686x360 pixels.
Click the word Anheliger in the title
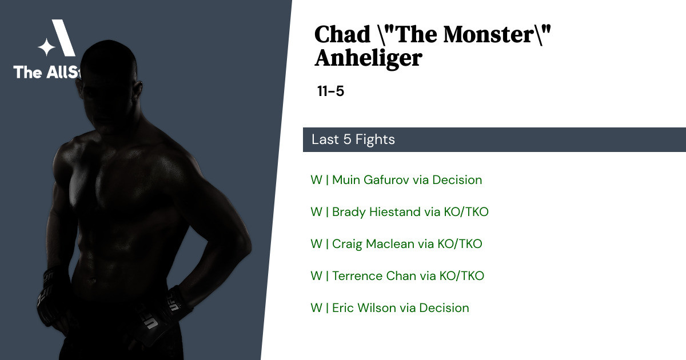pos(368,58)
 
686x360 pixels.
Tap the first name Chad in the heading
pos(342,34)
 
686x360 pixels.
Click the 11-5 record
pos(331,91)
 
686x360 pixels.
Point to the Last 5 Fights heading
pos(353,139)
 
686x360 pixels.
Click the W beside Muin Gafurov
pos(316,180)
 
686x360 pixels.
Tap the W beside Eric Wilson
pos(316,308)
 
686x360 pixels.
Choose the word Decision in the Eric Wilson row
pos(444,308)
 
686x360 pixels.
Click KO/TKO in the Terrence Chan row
pos(462,276)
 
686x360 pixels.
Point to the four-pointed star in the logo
pos(46,47)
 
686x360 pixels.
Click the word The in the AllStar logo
pos(27,72)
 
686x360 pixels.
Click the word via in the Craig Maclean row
pos(426,244)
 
